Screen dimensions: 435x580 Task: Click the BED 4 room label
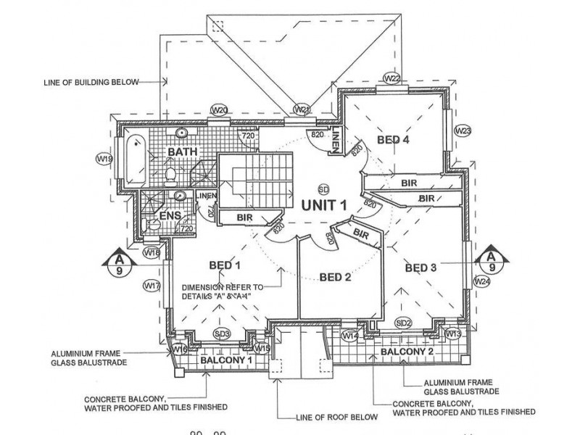point(394,139)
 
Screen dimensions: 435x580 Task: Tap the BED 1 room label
point(224,266)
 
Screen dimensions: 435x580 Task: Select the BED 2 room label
point(335,276)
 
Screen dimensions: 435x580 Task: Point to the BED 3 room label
point(420,268)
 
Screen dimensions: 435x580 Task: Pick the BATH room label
point(183,152)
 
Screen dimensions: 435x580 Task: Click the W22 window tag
point(392,78)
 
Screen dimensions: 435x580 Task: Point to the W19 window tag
point(104,158)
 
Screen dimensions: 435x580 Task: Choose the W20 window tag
point(220,109)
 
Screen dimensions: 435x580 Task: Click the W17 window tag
point(152,286)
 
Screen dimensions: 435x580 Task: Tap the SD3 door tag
point(223,333)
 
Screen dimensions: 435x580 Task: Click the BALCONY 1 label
point(225,360)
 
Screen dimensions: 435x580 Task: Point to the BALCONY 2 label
point(407,352)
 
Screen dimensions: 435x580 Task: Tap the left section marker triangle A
point(117,260)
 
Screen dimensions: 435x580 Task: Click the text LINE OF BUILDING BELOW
point(91,83)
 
